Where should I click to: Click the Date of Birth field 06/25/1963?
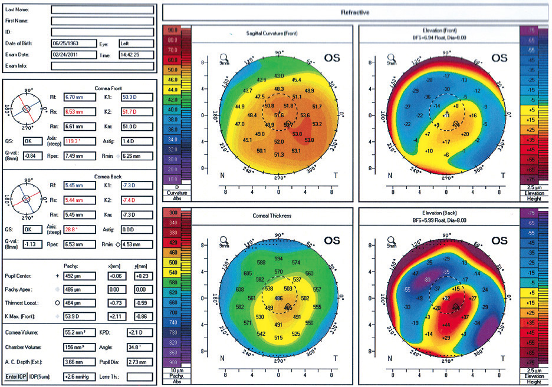pyautogui.click(x=73, y=44)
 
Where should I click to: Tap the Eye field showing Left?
pyautogui.click(x=136, y=44)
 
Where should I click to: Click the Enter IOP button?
pyautogui.click(x=16, y=375)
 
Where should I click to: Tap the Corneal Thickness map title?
pyautogui.click(x=272, y=216)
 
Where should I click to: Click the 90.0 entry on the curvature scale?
pyautogui.click(x=173, y=29)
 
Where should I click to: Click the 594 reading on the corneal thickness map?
pyautogui.click(x=279, y=259)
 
